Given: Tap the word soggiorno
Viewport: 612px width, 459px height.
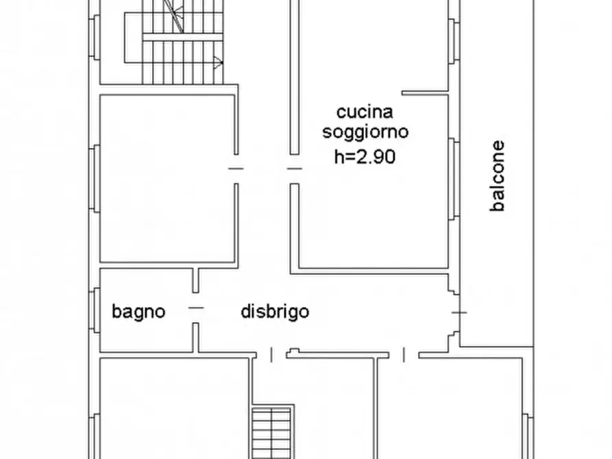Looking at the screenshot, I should pos(365,132).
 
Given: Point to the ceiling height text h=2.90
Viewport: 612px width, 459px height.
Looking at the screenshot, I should pos(365,156).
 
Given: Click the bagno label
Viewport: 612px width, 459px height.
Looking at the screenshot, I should pos(139,312).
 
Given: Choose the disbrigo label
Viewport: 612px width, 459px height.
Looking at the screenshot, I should pos(275,312).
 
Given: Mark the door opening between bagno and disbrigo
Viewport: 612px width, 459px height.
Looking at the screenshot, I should pos(196,308).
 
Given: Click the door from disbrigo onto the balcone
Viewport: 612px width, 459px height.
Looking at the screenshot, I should pos(458,312).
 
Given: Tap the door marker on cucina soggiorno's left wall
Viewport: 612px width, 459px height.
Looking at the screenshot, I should pos(294,169).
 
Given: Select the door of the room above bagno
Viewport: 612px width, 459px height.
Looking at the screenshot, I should pos(236,169).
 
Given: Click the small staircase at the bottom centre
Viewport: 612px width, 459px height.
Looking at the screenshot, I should pos(272,432).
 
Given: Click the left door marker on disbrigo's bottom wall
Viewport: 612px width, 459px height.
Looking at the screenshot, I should pos(271,355).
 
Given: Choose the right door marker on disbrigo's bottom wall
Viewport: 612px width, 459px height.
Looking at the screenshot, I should pos(404,355).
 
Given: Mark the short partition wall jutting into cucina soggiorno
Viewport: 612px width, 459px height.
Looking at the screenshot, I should pos(424,92).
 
